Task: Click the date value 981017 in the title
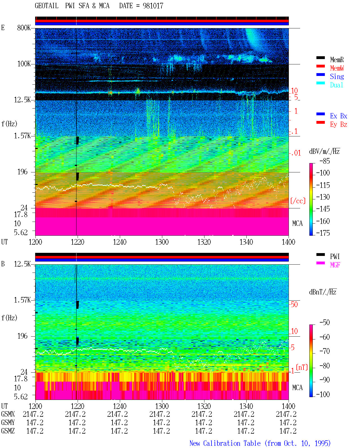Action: coord(153,6)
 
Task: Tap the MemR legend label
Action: coord(337,60)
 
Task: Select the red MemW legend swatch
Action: coord(320,66)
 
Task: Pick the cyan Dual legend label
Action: coord(336,85)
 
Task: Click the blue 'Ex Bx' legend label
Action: coord(338,116)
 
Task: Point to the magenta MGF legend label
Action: coord(335,265)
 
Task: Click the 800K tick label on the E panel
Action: coord(24,28)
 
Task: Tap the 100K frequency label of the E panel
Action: coord(24,64)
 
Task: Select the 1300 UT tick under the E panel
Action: coord(162,242)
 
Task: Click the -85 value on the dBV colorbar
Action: coord(325,161)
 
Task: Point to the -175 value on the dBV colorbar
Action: coord(323,233)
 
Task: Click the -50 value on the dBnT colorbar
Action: coord(325,322)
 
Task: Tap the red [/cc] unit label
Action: coord(298,201)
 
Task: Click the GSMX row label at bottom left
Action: coord(8,414)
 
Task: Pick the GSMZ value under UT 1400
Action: coord(288,431)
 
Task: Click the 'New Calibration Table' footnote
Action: coord(225,444)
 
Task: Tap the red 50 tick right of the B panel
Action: coord(294,304)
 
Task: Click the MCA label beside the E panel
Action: coord(297,223)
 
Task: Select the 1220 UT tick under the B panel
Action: coord(77,406)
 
